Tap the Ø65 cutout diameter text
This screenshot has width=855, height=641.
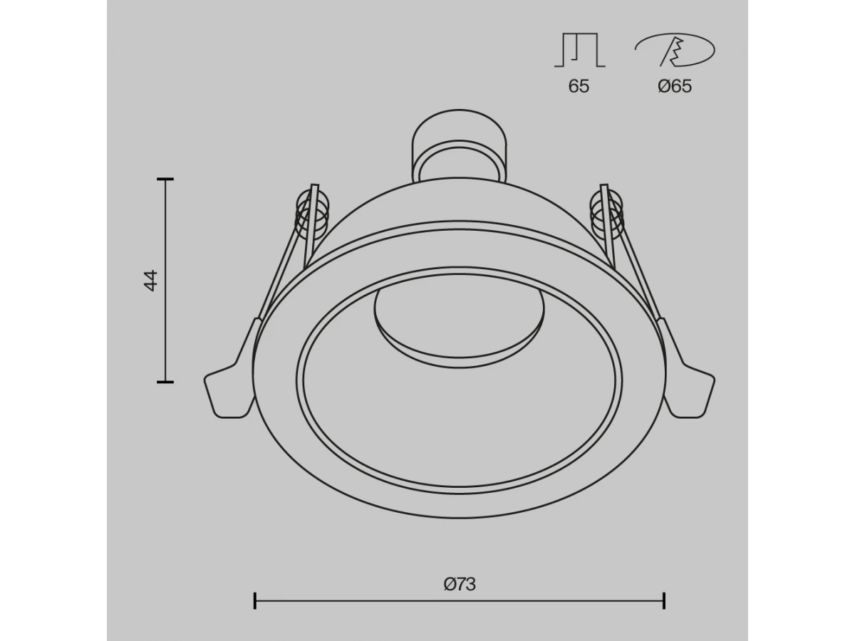675,86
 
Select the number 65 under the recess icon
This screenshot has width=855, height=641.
579,86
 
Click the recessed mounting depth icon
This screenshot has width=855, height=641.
579,50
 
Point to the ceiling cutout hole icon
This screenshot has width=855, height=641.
675,49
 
